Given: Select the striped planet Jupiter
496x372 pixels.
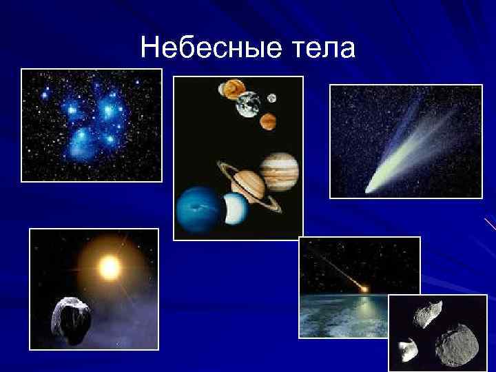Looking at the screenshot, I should point(280,171).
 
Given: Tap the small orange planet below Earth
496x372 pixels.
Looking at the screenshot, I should point(268,123).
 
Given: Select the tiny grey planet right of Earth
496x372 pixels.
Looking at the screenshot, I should point(271,98).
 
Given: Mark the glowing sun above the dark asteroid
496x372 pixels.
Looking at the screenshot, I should point(108,266).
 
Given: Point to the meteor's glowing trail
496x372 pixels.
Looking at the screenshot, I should point(338,266).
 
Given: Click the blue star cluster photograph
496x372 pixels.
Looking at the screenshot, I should point(92,125).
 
